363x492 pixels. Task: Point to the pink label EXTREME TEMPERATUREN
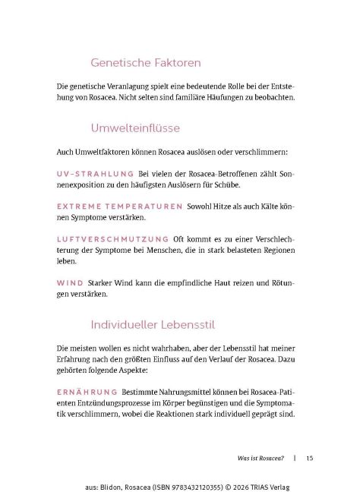(120, 206)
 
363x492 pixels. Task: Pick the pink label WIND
(70, 283)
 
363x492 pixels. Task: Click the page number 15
(310, 458)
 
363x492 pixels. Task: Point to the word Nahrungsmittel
(181, 391)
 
